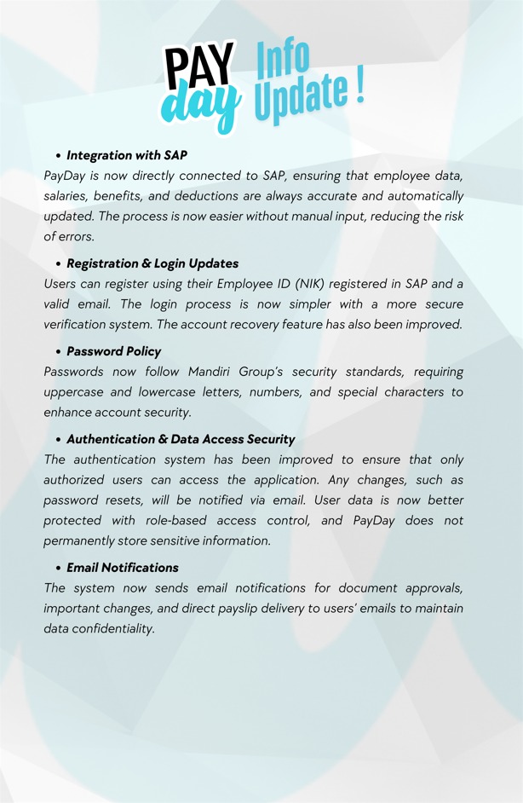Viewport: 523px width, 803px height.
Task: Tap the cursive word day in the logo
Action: click(199, 108)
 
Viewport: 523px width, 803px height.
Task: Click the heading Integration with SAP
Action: click(127, 155)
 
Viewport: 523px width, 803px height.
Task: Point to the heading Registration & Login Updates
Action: click(152, 263)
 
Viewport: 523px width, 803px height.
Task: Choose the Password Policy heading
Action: click(113, 351)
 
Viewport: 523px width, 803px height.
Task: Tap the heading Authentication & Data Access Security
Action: click(181, 439)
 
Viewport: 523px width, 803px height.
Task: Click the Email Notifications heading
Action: click(123, 568)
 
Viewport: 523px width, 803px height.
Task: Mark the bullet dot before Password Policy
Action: click(58, 352)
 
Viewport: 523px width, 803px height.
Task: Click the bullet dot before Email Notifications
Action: click(58, 569)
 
